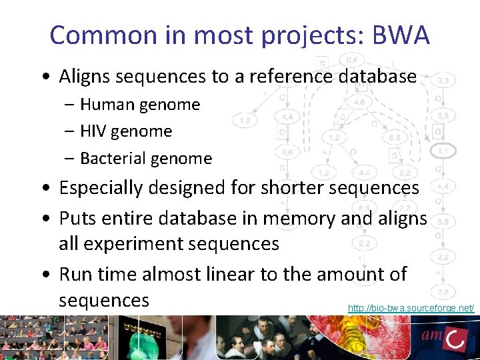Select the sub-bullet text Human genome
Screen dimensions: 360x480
point(140,105)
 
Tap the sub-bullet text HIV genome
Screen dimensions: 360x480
point(126,131)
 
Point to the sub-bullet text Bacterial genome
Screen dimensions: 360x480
point(146,158)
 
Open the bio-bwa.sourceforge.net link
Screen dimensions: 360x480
point(411,308)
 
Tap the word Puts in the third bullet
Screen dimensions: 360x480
point(78,218)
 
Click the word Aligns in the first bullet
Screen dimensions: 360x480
point(86,77)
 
